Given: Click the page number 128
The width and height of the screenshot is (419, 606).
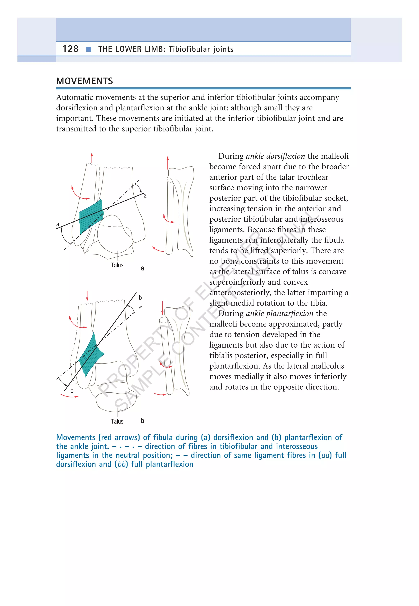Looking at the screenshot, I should tap(70, 49).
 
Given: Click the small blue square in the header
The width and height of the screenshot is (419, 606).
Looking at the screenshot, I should tap(88, 49).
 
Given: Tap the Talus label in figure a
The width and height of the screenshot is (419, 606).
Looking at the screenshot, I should tap(117, 265).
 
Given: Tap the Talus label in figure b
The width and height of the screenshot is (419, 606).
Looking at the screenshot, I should tap(117, 421).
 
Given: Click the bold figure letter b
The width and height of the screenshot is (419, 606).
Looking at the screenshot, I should tap(142, 421).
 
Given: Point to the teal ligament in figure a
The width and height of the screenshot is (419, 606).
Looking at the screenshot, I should tap(91, 216).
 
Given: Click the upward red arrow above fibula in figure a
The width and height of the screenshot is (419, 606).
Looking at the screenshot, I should tap(92, 157).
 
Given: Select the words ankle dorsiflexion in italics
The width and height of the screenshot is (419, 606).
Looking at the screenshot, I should tap(275, 156).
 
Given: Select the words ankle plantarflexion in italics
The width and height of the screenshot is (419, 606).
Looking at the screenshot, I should tap(280, 313).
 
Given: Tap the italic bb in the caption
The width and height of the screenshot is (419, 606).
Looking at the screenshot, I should tap(121, 464).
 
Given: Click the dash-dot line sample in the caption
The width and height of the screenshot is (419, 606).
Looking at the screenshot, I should tap(127, 447).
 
